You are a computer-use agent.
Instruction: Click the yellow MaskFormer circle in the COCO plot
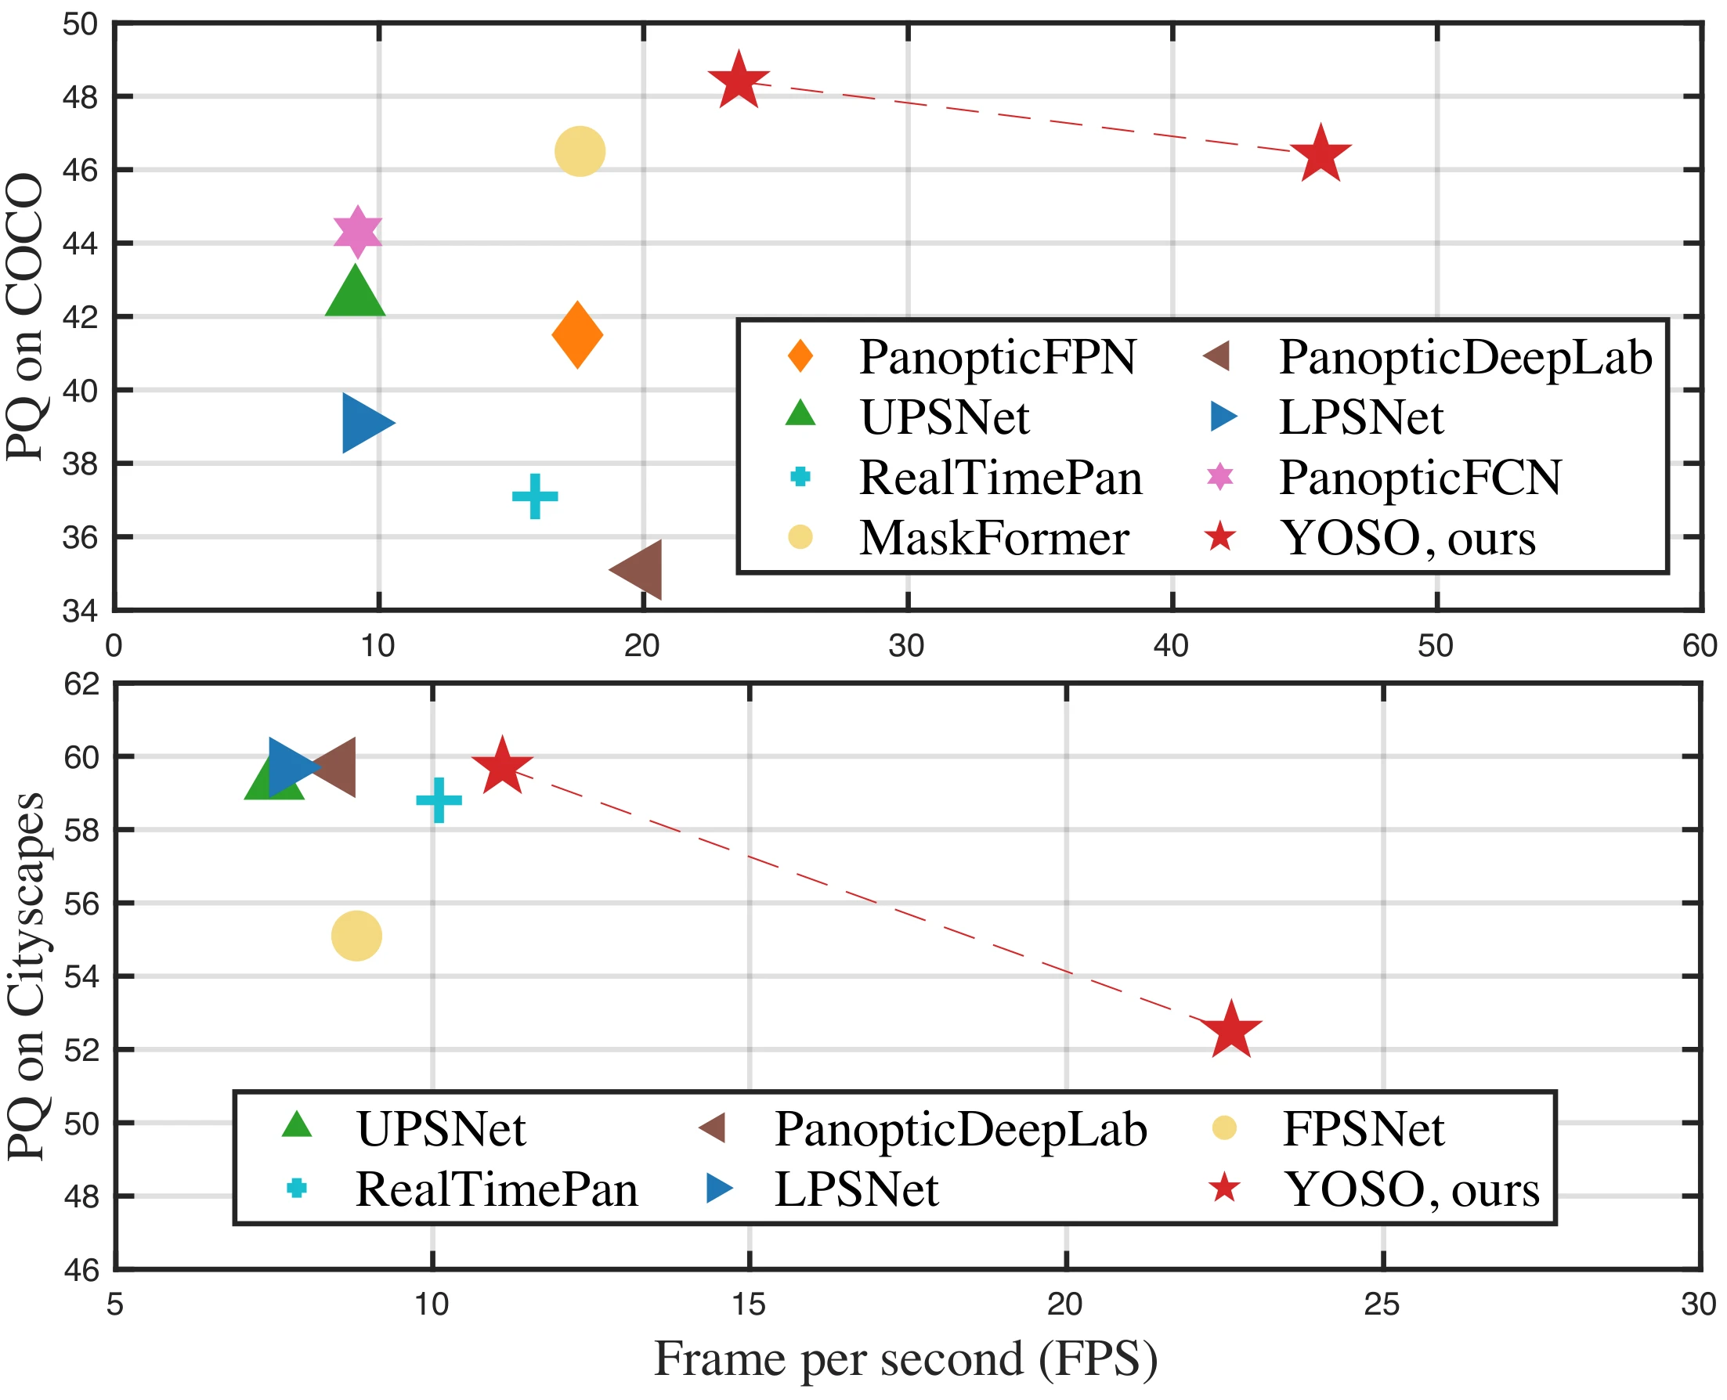580,151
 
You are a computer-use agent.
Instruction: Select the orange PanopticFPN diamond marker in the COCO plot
577,334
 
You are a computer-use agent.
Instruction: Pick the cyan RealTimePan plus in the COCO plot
535,496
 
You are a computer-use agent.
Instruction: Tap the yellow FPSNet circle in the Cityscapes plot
356,936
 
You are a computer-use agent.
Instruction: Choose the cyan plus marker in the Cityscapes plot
439,800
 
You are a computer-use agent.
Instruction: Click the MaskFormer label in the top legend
994,538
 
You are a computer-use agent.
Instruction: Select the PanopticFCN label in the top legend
1420,478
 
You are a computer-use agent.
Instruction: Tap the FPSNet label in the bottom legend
1364,1129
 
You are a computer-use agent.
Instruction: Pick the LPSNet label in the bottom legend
857,1189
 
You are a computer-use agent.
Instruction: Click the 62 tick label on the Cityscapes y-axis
81,684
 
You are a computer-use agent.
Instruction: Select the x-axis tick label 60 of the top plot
1699,646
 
